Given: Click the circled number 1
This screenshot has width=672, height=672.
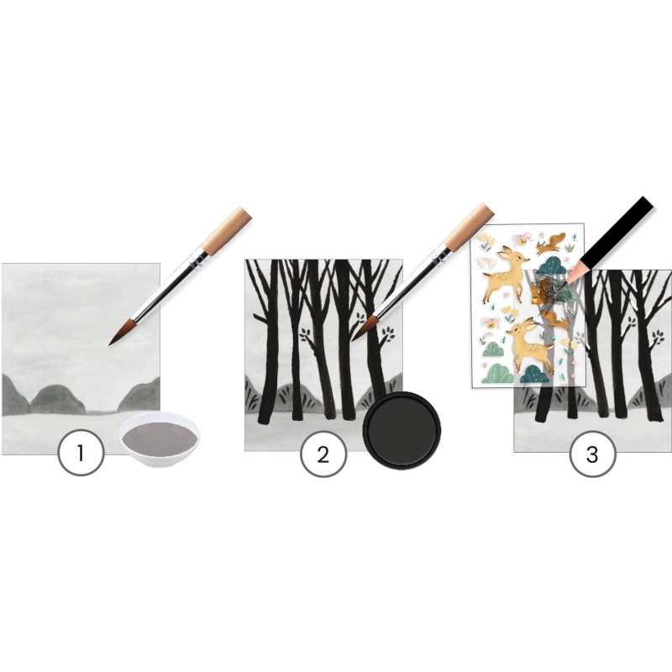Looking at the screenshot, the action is pos(81,453).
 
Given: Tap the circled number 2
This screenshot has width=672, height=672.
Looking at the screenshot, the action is pos(323,454).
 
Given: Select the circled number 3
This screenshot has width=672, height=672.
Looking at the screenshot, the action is pos(592,454).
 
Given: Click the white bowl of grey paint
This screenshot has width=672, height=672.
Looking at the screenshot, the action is pos(160,440).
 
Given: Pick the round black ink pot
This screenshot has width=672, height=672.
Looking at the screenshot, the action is pos(402,430).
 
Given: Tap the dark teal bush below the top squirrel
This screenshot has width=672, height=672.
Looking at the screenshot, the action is pos(550,265).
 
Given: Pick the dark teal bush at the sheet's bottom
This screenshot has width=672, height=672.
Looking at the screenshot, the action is pos(534,374).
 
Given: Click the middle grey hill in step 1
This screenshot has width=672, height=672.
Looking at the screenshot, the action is pos(56,397).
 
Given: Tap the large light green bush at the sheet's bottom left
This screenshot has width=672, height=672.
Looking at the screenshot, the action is pos(498,373).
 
